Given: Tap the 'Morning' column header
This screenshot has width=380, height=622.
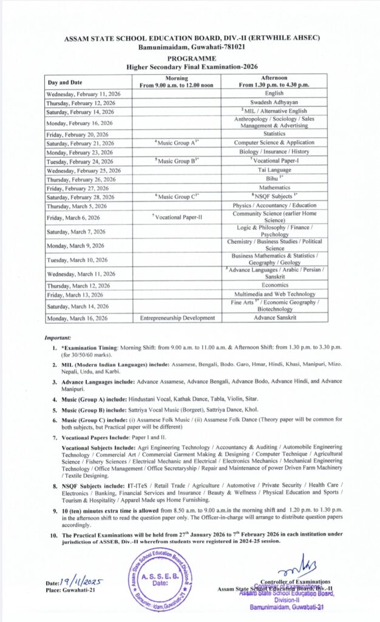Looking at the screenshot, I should click(x=177, y=81).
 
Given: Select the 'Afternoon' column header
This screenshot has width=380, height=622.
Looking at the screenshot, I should click(x=274, y=81).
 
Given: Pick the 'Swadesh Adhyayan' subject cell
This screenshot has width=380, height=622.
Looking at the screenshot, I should click(x=274, y=103).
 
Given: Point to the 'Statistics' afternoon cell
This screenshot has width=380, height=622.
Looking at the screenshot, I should click(x=274, y=133).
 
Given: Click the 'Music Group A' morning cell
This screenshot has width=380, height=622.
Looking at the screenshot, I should click(x=177, y=142).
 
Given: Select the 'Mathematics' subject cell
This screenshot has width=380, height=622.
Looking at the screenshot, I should click(x=274, y=188).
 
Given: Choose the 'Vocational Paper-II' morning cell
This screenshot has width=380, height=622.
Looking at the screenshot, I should click(x=177, y=217).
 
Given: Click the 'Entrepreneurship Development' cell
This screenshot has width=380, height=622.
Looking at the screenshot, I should click(x=177, y=318).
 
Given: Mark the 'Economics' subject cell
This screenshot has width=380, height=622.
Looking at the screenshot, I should click(x=274, y=285).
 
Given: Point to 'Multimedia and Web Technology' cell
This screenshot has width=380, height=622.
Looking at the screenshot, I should click(x=274, y=294).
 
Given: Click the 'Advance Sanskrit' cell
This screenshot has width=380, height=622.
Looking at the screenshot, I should click(x=274, y=318).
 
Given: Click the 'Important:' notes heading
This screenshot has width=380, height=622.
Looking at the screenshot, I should click(x=58, y=337).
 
